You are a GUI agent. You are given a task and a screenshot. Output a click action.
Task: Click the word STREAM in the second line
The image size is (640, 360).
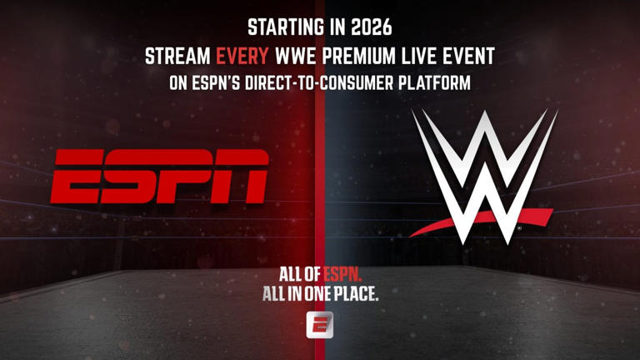(x=178, y=57)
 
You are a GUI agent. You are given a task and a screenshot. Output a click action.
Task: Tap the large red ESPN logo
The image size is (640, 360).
(x=160, y=177)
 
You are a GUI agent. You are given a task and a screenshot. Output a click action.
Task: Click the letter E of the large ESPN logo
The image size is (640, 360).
(x=76, y=177)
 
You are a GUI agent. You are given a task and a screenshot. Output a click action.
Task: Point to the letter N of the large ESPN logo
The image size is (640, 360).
(x=242, y=177)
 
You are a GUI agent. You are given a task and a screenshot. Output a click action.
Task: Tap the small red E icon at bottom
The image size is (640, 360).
(x=320, y=322)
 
